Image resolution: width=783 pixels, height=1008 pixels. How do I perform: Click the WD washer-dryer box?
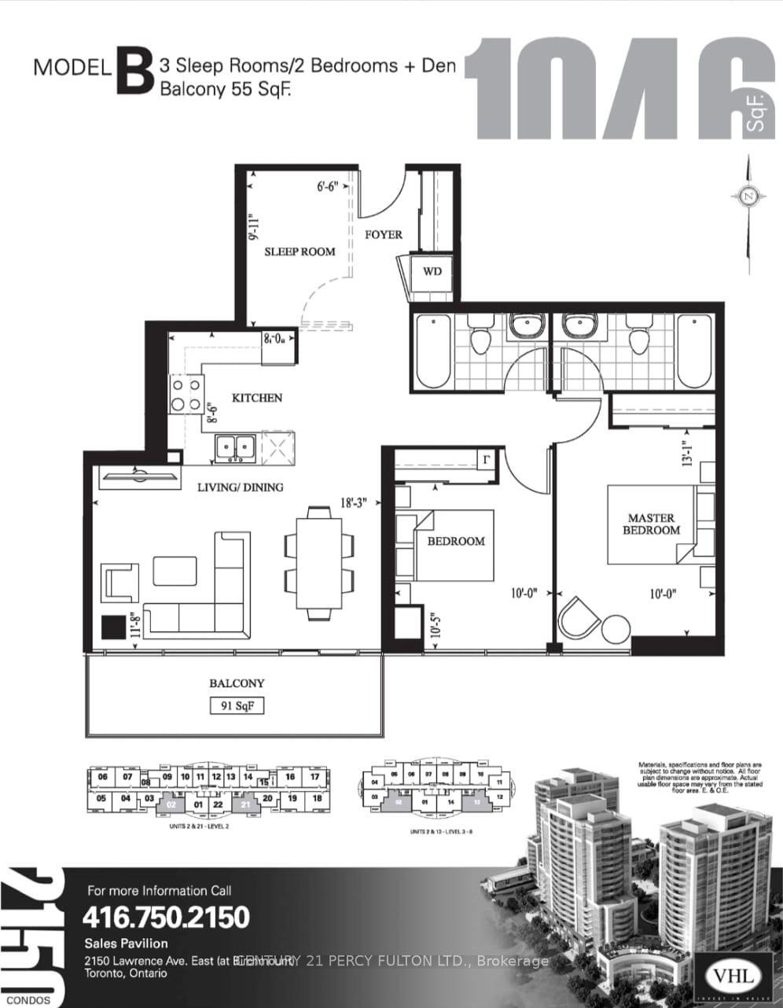432,272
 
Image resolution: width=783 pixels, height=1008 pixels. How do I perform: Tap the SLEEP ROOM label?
300,252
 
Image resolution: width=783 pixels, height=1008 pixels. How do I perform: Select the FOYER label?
383,234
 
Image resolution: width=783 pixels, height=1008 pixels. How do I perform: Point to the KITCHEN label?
257,398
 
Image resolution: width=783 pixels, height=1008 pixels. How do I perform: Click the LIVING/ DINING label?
240,487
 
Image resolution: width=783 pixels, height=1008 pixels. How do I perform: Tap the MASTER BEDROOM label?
651,524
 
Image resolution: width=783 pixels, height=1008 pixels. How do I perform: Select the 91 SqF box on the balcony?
237,706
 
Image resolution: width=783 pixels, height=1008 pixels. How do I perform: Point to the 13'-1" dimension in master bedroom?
687,454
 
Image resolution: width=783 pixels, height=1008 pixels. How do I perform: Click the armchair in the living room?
121,583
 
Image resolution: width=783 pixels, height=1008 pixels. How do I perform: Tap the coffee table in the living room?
175,571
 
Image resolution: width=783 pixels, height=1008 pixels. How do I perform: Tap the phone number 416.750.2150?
166,917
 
